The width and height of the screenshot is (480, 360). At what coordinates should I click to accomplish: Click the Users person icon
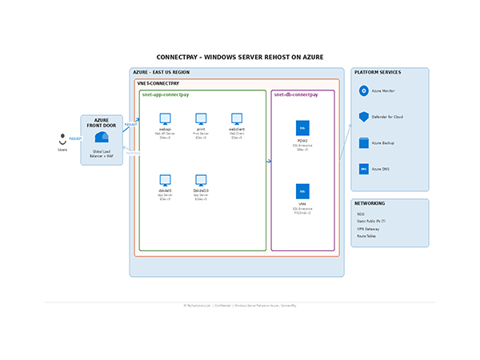[62, 138]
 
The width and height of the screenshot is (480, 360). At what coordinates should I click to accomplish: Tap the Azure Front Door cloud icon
[102, 138]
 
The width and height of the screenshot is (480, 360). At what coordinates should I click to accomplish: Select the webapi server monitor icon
[165, 118]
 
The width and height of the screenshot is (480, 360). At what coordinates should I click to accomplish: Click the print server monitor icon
[201, 118]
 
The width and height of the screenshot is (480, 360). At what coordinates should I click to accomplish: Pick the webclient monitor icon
[237, 118]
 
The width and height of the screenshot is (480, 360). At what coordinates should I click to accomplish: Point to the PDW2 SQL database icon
[302, 128]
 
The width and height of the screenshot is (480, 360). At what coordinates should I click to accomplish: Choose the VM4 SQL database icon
[302, 191]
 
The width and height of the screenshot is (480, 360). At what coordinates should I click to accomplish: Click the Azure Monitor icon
[364, 91]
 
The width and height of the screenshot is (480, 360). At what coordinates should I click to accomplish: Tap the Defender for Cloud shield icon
[364, 117]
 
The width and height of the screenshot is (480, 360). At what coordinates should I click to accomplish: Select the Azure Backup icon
[364, 143]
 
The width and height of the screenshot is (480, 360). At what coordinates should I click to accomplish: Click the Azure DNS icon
[364, 169]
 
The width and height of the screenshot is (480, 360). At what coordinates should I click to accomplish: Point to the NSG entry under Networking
[361, 214]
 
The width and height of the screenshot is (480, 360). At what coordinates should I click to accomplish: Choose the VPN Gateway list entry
[368, 229]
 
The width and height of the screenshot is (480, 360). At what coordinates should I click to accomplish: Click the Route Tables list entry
[366, 236]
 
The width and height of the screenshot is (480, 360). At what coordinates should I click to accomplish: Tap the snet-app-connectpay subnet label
[166, 95]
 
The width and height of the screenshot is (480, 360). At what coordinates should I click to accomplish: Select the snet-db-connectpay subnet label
[296, 95]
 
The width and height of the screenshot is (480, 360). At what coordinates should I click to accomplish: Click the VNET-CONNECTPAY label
[158, 83]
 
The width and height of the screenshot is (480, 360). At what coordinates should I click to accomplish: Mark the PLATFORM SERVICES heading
[378, 73]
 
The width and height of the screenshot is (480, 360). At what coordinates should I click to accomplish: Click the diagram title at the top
[240, 58]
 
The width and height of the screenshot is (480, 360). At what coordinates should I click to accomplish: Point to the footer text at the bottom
[240, 305]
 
